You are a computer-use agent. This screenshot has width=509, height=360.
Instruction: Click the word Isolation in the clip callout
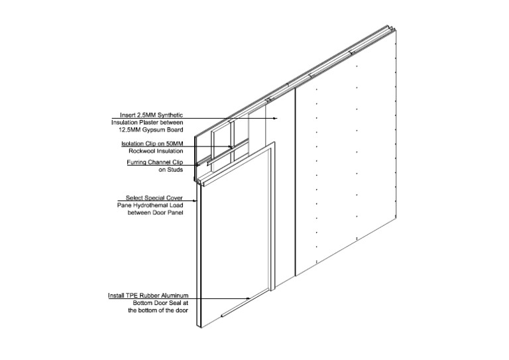pyautogui.click(x=133, y=143)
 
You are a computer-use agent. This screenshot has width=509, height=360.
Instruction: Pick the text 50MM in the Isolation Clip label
pyautogui.click(x=175, y=143)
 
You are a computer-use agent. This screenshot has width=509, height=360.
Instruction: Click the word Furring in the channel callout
pyautogui.click(x=137, y=162)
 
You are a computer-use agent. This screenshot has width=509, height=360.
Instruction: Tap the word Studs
pyautogui.click(x=175, y=170)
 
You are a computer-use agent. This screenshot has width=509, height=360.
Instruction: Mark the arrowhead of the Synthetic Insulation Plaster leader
pyautogui.click(x=276, y=118)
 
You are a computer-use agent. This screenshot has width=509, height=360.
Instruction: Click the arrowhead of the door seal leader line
pyautogui.click(x=249, y=298)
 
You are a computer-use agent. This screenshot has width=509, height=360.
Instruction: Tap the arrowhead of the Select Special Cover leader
pyautogui.click(x=195, y=201)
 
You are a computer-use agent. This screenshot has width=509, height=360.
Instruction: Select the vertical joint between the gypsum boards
pyautogui.click(x=295, y=182)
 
